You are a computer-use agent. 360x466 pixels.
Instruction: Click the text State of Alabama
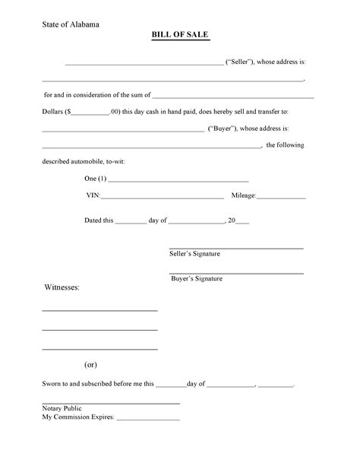coord(70,24)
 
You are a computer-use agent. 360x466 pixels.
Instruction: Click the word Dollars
coord(53,112)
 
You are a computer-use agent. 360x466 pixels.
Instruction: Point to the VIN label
coord(94,195)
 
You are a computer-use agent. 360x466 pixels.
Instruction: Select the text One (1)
coord(96,179)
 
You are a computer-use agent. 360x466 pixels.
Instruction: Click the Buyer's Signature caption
coord(197,279)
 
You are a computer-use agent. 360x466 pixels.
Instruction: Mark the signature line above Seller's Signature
coord(235,248)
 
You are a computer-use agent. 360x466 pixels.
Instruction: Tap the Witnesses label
coord(62,288)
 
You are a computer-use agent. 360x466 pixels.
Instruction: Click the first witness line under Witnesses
coord(99,311)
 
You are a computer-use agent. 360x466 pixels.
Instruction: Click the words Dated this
coord(99,220)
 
